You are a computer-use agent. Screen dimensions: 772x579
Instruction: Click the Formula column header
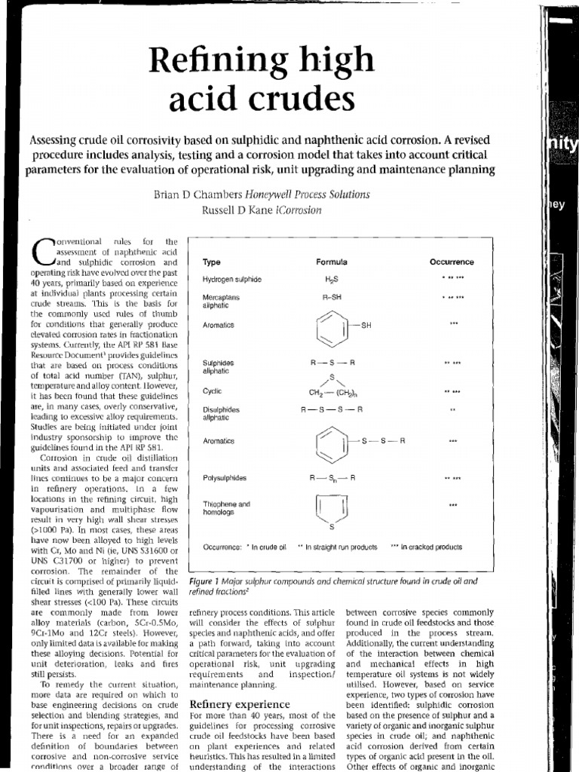[x=332, y=262]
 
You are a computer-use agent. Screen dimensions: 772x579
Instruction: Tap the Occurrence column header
[x=452, y=262]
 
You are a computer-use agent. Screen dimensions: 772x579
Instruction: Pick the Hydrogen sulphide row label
[x=231, y=280]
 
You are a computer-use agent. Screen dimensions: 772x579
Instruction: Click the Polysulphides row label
[x=225, y=478]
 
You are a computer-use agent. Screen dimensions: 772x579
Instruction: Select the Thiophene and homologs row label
[x=227, y=507]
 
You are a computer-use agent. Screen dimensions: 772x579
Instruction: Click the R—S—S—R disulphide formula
[x=332, y=409]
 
